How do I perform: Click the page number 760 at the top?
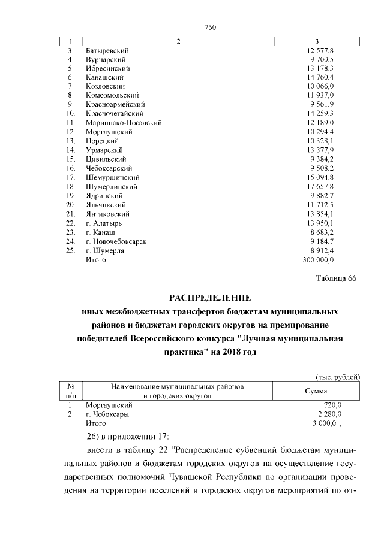point(209,28)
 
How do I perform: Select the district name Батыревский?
point(107,50)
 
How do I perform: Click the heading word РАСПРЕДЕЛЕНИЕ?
point(209,298)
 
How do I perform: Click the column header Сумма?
point(315,391)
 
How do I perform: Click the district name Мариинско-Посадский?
point(124,122)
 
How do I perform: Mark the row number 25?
point(70,250)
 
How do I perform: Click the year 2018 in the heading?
point(223,353)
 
